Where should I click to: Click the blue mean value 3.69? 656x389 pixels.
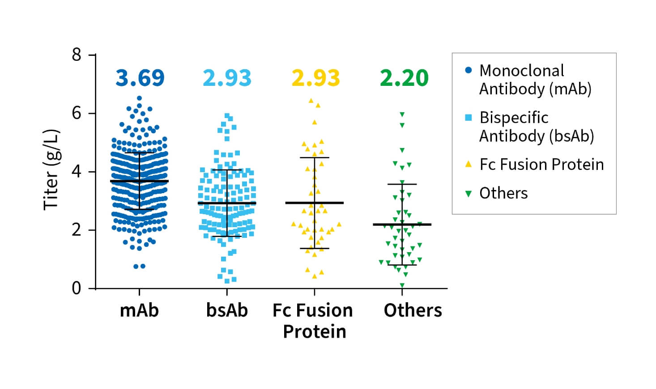(x=140, y=78)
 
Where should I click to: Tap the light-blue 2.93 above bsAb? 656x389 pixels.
(x=227, y=78)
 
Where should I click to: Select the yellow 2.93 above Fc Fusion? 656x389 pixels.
(x=315, y=78)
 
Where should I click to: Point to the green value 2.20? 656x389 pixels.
(x=404, y=78)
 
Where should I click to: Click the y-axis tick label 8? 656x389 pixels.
(x=77, y=55)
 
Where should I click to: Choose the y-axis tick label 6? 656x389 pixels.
(x=77, y=113)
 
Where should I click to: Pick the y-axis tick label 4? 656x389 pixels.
(x=77, y=172)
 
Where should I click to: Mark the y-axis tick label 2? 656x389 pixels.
(x=77, y=230)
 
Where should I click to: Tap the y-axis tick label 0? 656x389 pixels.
(x=77, y=288)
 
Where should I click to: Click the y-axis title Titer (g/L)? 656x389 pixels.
(x=51, y=169)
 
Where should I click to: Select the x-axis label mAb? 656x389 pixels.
(x=139, y=310)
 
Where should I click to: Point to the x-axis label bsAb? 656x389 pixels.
(x=227, y=310)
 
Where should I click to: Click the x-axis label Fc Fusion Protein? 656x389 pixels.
(x=314, y=321)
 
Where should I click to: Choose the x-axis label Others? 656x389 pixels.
(x=413, y=310)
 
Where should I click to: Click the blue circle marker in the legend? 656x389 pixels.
(x=469, y=70)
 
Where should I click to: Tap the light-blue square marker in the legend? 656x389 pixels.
(x=469, y=118)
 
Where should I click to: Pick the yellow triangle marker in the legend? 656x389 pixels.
(x=469, y=164)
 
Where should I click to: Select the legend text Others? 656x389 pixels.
(x=503, y=193)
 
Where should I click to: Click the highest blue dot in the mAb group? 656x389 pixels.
(x=139, y=98)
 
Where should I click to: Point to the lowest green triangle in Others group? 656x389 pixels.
(x=402, y=285)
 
